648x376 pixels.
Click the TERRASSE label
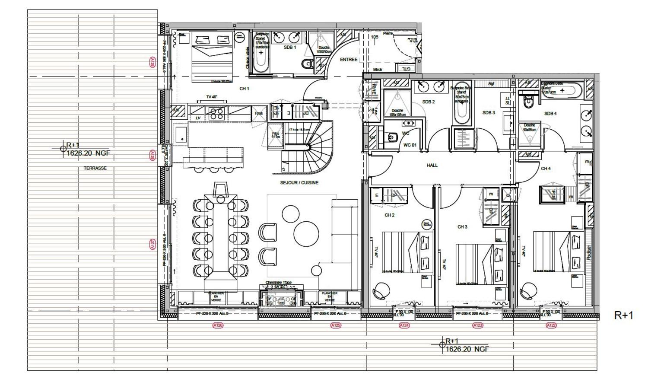[x=95, y=168]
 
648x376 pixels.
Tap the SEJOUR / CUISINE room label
[x=299, y=183]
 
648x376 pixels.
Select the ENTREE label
[x=349, y=60]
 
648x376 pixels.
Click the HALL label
[x=432, y=165]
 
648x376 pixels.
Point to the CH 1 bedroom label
[x=245, y=89]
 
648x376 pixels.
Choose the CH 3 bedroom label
[x=462, y=227]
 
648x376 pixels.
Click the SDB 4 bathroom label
[x=550, y=114]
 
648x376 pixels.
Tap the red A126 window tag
[x=218, y=325]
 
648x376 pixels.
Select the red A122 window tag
[x=551, y=325]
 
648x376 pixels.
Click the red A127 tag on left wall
[x=152, y=245]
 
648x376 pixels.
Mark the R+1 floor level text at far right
[x=623, y=315]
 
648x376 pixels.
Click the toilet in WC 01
[x=392, y=137]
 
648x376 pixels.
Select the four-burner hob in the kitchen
[x=216, y=113]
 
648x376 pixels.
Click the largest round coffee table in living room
[x=306, y=234]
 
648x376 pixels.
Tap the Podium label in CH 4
[x=589, y=252]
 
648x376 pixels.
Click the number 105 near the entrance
[x=375, y=37]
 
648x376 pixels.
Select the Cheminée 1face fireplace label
[x=279, y=283]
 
